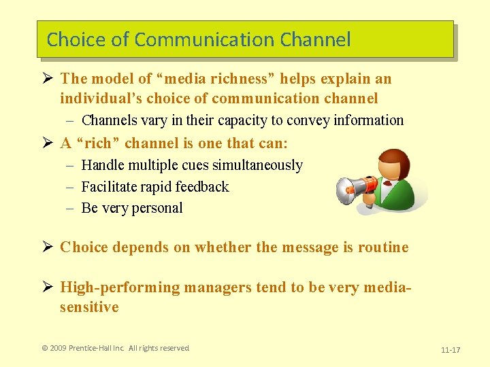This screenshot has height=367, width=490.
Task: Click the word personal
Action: pos(157,208)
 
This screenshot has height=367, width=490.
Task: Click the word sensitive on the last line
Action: pos(89,307)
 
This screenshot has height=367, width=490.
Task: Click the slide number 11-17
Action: pos(451,350)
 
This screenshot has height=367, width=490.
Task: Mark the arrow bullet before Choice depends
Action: pos(48,247)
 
